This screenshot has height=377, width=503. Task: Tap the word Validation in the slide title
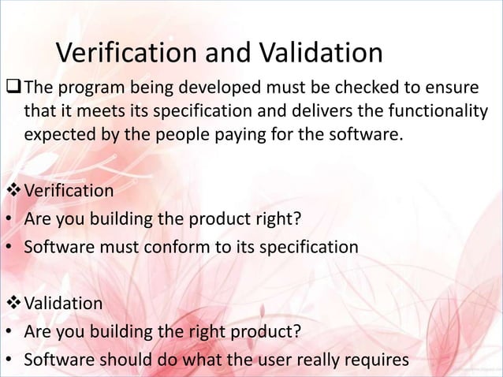pyautogui.click(x=319, y=53)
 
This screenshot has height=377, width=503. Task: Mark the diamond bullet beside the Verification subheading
pyautogui.click(x=13, y=191)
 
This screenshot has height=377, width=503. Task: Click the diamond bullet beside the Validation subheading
pyautogui.click(x=13, y=303)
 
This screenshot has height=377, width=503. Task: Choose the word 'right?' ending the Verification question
pyautogui.click(x=279, y=218)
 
